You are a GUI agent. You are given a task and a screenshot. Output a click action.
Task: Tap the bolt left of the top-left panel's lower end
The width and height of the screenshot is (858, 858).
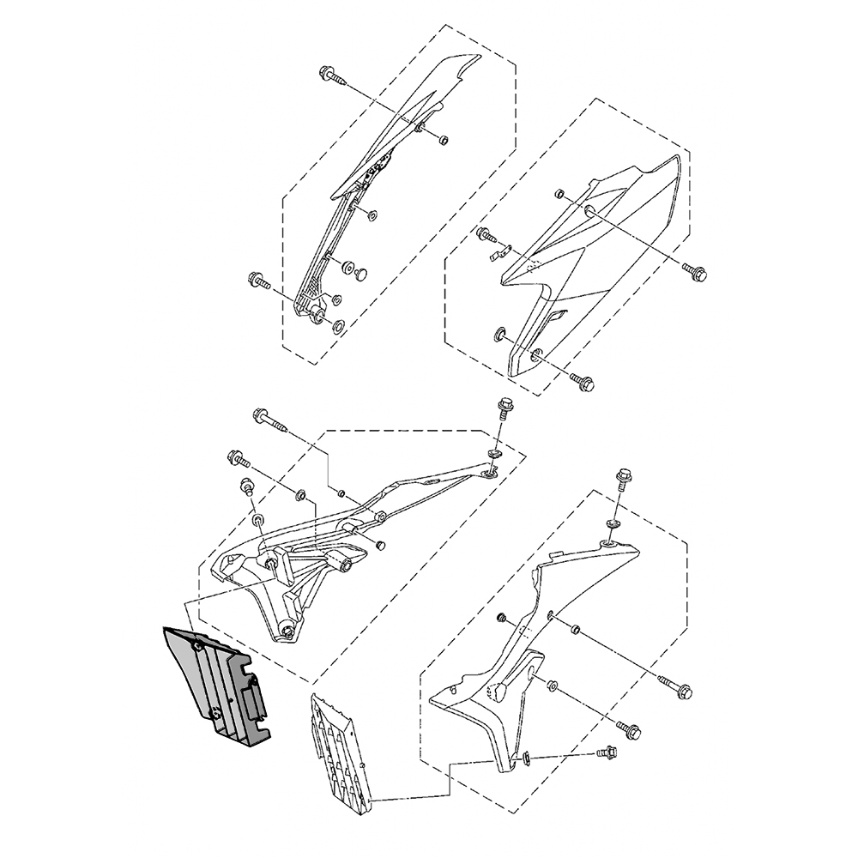coord(258,280)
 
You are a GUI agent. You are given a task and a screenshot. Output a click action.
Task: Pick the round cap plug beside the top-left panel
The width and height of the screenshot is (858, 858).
coord(360,274)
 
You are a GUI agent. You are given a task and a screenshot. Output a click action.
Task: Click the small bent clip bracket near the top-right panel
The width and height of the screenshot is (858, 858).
coord(498,252)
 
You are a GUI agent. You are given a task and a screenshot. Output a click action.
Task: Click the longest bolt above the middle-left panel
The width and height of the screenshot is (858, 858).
coord(267,420)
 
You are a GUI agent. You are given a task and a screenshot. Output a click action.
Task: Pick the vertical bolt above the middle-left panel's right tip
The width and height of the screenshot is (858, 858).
coord(505,408)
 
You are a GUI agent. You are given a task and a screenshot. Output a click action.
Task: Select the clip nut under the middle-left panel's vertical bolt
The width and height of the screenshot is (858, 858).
coord(495,453)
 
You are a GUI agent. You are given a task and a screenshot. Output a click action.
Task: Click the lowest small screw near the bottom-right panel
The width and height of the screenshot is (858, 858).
coord(607,753)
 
